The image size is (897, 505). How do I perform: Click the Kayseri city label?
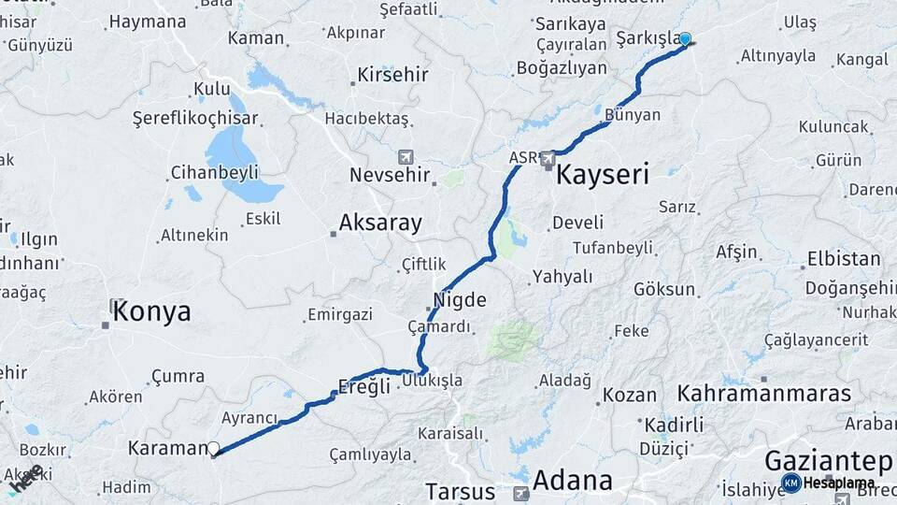[603, 174]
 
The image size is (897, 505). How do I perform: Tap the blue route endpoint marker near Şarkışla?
[685, 39]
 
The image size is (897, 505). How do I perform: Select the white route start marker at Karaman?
[214, 449]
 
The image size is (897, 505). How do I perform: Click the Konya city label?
[151, 312]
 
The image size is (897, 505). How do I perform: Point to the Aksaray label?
[380, 223]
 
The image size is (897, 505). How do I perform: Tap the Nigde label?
[460, 300]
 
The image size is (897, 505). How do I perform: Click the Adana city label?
[573, 481]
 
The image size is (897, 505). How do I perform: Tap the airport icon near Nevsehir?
[406, 156]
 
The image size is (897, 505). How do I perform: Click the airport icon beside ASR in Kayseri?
[548, 158]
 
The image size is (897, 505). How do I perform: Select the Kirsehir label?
[393, 74]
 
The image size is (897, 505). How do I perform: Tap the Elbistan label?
[844, 259]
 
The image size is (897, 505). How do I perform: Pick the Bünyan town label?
[633, 115]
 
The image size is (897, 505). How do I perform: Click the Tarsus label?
[460, 491]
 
